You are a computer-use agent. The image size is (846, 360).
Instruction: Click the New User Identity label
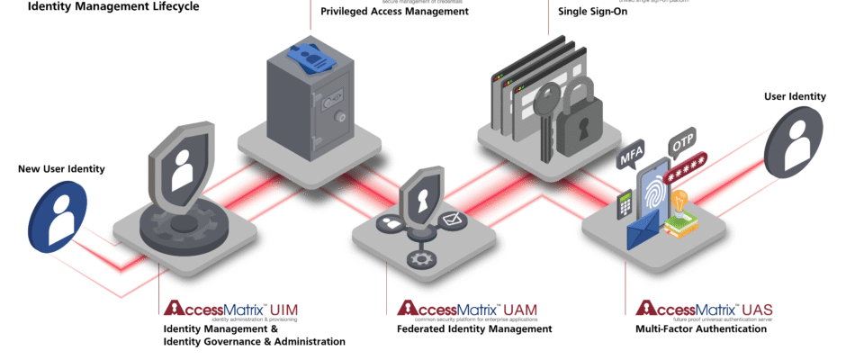[x=61, y=168]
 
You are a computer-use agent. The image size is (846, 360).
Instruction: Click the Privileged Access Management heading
[x=394, y=12]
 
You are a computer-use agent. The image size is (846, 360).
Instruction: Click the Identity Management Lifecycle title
[x=113, y=6]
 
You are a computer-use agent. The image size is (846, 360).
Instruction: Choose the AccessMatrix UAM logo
[x=467, y=310]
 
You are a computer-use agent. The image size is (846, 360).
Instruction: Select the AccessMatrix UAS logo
[x=704, y=310]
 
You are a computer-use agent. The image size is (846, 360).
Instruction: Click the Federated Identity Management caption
[x=473, y=329]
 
